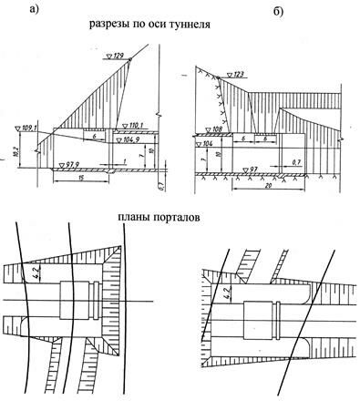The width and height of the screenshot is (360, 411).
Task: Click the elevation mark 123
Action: coord(240,74)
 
